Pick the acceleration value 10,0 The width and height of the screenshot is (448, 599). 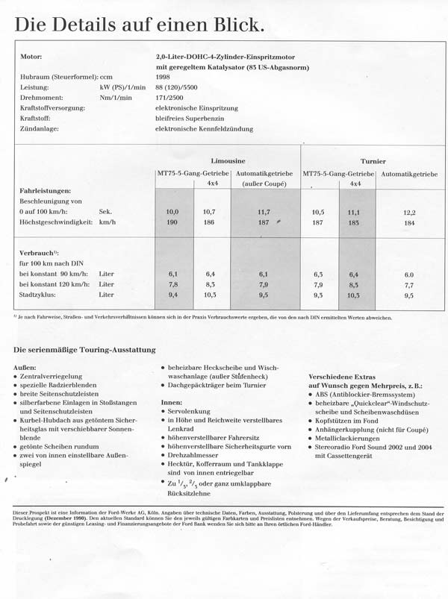click(x=172, y=212)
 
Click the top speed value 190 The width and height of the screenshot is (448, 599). click(x=172, y=222)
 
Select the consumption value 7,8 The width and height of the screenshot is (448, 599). click(x=172, y=284)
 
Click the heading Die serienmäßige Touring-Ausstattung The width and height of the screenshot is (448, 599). click(x=84, y=350)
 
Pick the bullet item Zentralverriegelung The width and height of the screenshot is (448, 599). click(x=51, y=377)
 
